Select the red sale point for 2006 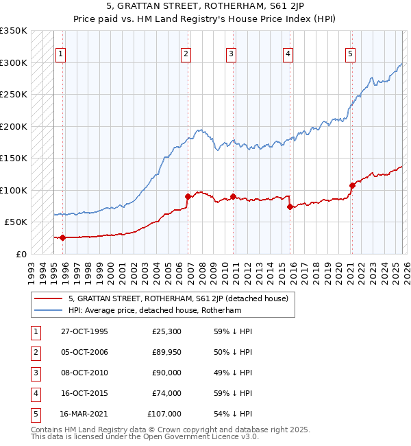(187, 196)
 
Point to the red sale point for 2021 (352, 185)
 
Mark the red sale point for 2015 (290, 207)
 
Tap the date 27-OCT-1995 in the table (84, 331)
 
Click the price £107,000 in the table (164, 414)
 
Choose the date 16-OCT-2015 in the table (84, 393)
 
